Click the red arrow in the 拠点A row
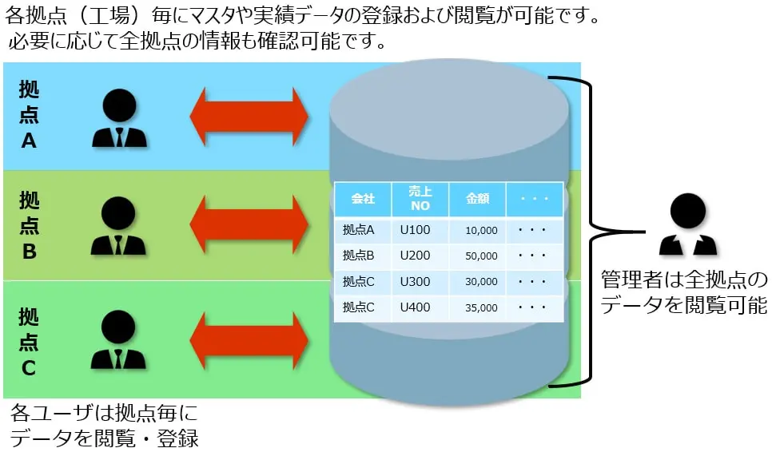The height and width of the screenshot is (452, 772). [249, 117]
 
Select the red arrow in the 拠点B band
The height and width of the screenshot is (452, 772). [249, 224]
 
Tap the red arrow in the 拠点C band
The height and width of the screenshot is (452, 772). [249, 340]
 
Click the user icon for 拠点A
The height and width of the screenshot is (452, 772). [119, 118]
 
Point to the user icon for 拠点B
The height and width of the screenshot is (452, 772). [118, 226]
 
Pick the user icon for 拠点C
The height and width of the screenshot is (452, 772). [118, 340]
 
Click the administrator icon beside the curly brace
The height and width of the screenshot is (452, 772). [688, 224]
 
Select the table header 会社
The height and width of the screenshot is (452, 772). [363, 199]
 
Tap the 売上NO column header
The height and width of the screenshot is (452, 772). [420, 199]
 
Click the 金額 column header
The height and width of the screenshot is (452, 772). [477, 199]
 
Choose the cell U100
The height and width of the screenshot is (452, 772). [415, 230]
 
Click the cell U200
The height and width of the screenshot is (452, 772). [415, 256]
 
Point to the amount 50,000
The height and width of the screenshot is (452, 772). [481, 256]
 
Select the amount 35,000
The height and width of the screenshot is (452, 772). [481, 307]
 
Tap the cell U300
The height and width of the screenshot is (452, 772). [415, 281]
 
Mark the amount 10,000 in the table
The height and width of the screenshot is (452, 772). [481, 230]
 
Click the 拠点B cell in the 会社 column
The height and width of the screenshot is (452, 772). [358, 256]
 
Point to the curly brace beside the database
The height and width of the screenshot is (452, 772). [591, 231]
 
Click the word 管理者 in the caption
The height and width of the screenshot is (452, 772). [631, 280]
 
